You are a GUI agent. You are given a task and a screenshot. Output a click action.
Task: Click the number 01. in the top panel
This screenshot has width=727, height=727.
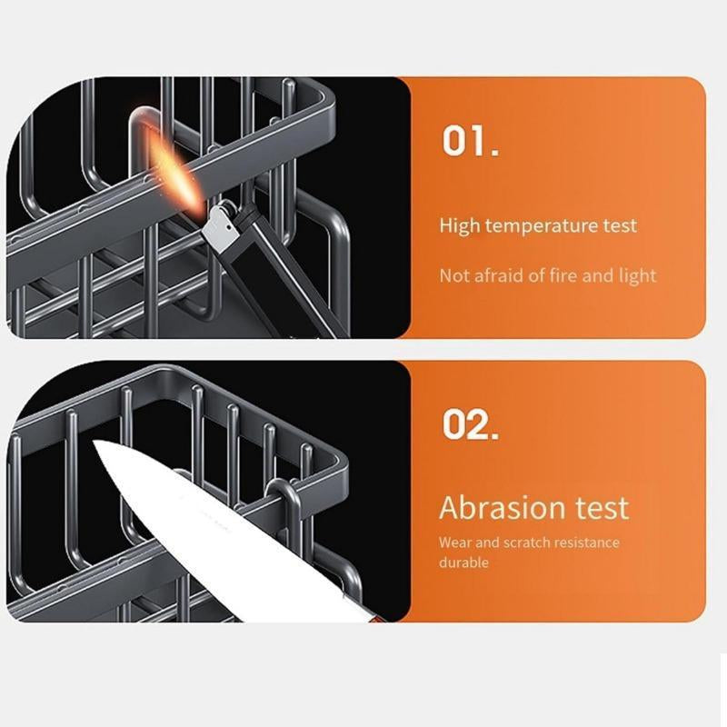[x=470, y=140]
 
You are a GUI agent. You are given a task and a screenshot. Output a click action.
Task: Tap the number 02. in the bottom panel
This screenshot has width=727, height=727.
[x=470, y=424]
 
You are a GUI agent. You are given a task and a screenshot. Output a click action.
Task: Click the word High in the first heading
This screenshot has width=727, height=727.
[x=460, y=226]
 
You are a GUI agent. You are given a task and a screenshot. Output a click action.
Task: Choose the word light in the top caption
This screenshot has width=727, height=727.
[x=638, y=276]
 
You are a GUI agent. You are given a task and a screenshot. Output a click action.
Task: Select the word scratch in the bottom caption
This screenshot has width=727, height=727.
[x=526, y=543]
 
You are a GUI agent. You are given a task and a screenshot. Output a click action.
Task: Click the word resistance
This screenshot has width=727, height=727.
[x=586, y=543]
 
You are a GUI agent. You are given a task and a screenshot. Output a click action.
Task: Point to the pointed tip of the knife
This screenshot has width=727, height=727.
[x=95, y=442]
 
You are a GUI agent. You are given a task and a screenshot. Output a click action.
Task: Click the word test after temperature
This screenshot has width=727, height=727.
[x=620, y=226]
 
